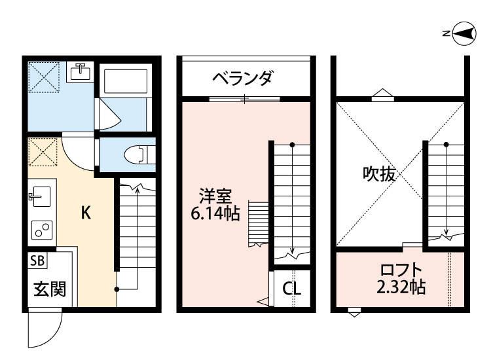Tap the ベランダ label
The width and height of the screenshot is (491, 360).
point(242,79)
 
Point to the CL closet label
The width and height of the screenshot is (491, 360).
point(291,288)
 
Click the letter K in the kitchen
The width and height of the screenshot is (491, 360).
point(86,213)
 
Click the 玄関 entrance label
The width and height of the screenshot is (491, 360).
point(49,288)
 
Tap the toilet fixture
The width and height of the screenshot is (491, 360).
point(136,154)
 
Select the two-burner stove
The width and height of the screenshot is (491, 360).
point(42,230)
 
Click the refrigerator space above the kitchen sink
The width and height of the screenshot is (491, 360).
point(42,154)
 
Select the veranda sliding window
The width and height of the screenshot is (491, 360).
point(244,99)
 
